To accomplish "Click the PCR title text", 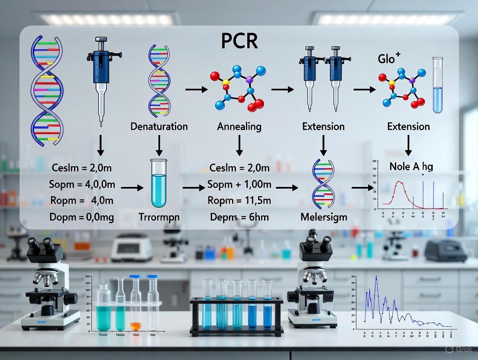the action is [x=239, y=41].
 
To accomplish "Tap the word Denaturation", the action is [x=159, y=126].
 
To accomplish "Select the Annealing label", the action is [x=239, y=126].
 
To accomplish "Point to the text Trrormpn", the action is [x=159, y=217].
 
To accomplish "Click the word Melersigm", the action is [x=323, y=217].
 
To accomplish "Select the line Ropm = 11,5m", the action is [x=239, y=201].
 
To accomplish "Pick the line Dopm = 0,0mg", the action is [x=83, y=217].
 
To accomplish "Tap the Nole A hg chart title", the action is [x=411, y=166].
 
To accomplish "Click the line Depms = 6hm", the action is [x=239, y=217].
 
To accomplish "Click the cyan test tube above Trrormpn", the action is [x=159, y=183].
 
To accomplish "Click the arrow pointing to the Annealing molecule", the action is [x=194, y=90].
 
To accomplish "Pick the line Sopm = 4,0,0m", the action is [x=83, y=184].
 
